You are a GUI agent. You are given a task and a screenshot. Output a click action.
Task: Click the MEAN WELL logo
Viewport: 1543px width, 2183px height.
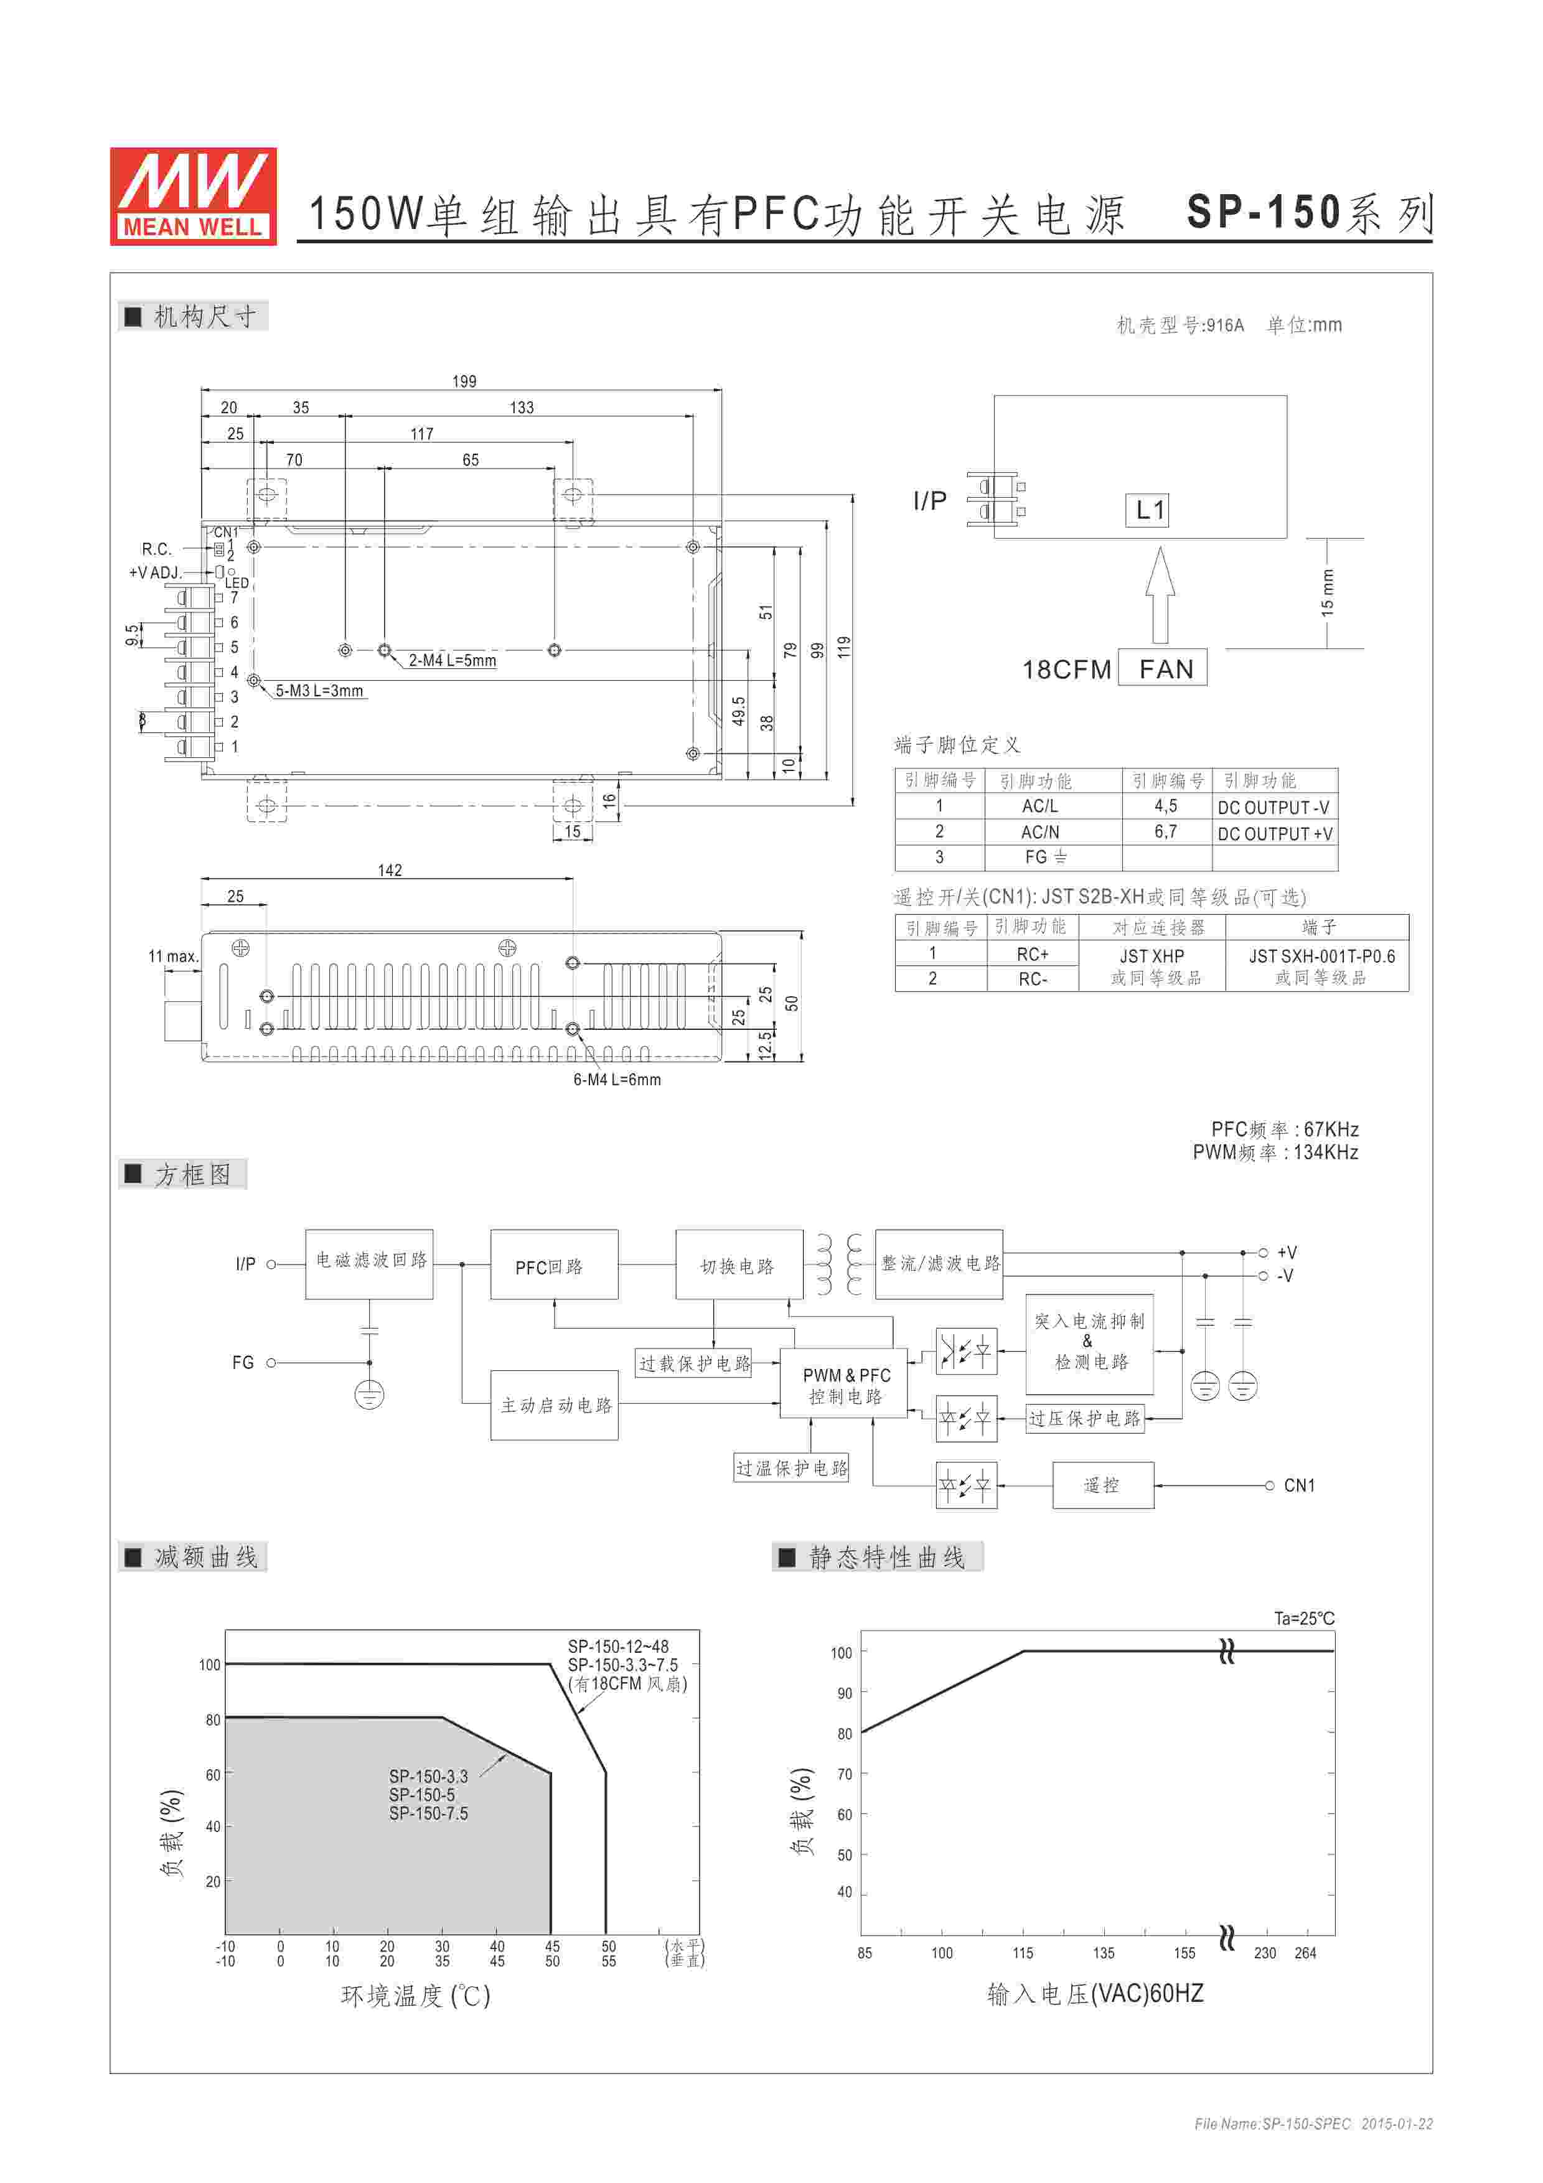pyautogui.click(x=193, y=196)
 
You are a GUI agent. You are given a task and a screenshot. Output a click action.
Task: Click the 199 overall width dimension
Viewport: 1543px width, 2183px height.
pyautogui.click(x=464, y=381)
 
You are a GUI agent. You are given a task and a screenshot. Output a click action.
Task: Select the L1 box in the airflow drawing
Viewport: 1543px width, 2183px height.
pyautogui.click(x=1148, y=510)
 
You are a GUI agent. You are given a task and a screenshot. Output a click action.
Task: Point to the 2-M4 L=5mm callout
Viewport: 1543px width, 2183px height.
pyautogui.click(x=452, y=661)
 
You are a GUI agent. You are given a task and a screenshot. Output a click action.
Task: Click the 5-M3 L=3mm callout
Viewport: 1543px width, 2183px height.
pyautogui.click(x=319, y=691)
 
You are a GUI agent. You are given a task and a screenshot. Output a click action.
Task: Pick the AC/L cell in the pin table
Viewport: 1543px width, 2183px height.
pyautogui.click(x=1039, y=806)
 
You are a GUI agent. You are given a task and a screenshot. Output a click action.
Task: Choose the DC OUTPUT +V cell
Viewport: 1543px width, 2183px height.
pyautogui.click(x=1275, y=834)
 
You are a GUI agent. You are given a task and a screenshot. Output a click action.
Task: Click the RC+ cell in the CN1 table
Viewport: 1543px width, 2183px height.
pyautogui.click(x=1033, y=953)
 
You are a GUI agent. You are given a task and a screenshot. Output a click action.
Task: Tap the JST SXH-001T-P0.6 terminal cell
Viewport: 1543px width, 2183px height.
pyautogui.click(x=1321, y=956)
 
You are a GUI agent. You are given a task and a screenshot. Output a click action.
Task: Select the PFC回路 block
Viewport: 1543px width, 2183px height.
pyautogui.click(x=553, y=1266)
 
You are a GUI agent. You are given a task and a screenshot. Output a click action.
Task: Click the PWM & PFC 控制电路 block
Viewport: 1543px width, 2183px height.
pyautogui.click(x=845, y=1385)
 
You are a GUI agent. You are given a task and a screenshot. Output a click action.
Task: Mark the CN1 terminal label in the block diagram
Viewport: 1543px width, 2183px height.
pyautogui.click(x=1298, y=1485)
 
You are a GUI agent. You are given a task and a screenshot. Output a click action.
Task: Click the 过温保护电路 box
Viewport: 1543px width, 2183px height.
pyautogui.click(x=791, y=1468)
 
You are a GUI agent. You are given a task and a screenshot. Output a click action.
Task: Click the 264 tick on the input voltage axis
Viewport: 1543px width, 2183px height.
pyautogui.click(x=1305, y=1953)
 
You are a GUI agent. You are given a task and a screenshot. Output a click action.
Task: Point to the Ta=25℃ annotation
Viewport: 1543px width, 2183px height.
pyautogui.click(x=1303, y=1618)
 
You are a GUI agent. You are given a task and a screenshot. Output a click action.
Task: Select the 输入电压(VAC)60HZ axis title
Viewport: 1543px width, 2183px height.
pyautogui.click(x=1095, y=1994)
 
